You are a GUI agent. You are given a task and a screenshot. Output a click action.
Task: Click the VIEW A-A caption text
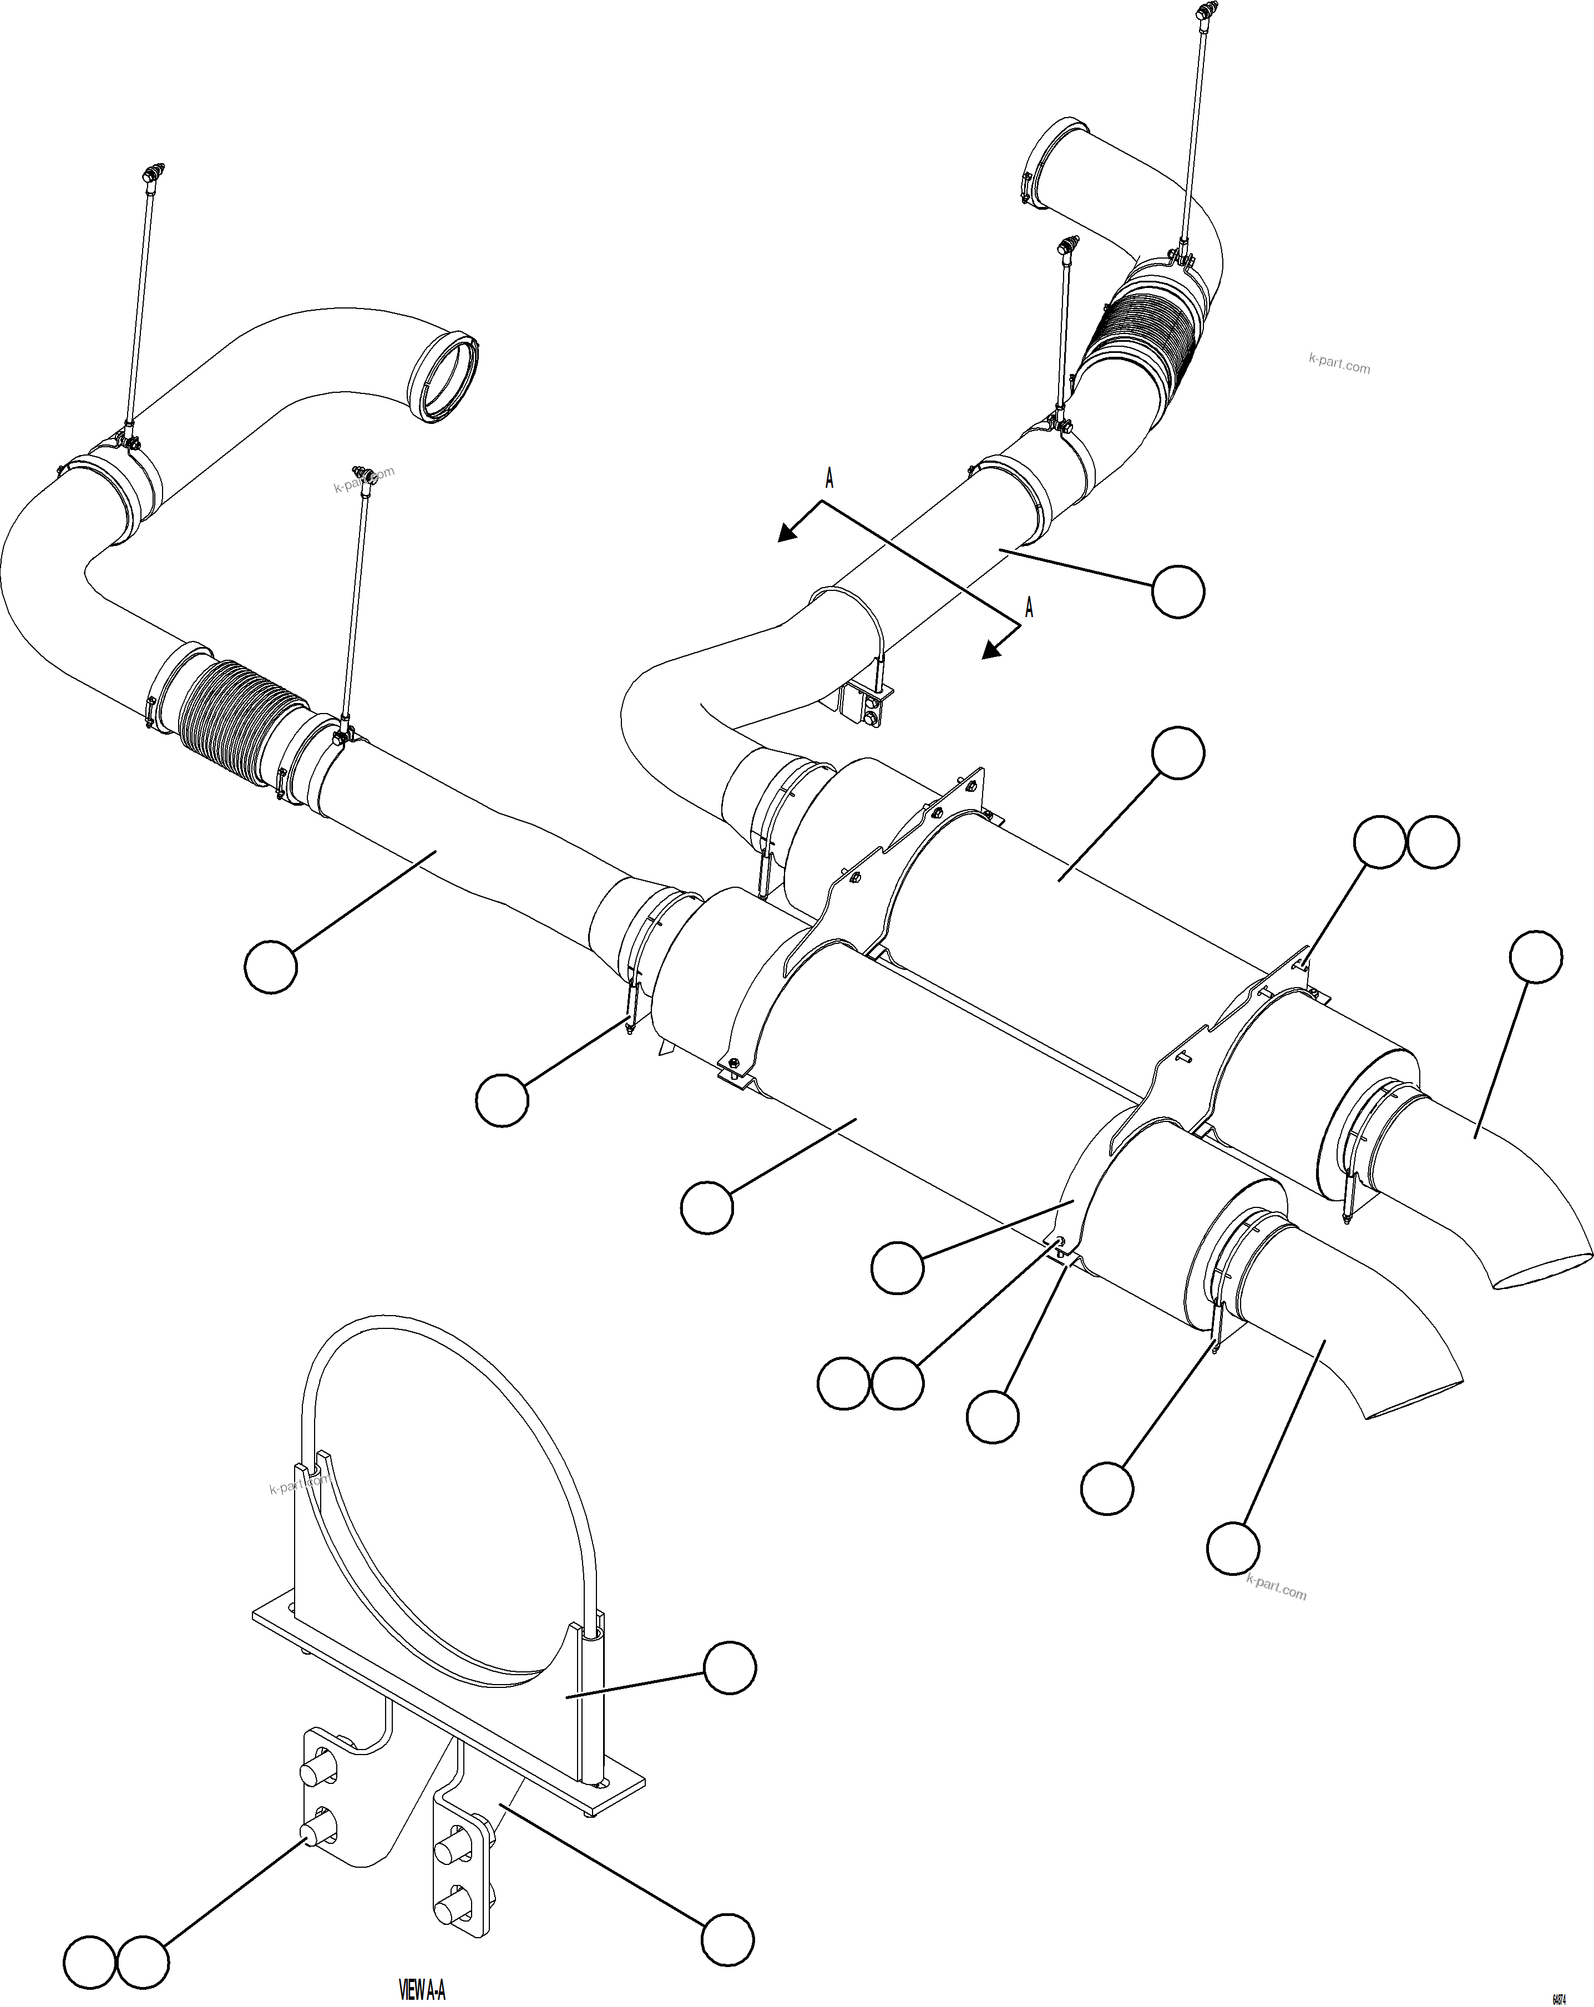422,1991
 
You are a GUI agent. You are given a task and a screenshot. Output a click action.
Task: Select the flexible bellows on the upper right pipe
1145,335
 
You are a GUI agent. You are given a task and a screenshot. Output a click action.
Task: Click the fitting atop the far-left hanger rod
151,173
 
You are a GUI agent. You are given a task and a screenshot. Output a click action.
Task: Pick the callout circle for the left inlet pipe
271,966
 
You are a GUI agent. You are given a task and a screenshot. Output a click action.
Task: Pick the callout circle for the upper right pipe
1178,591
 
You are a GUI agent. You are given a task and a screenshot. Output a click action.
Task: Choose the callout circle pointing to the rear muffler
1178,753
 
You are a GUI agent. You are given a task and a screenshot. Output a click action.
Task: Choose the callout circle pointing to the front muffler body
707,1207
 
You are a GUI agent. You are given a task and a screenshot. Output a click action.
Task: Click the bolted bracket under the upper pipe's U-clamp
866,705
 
